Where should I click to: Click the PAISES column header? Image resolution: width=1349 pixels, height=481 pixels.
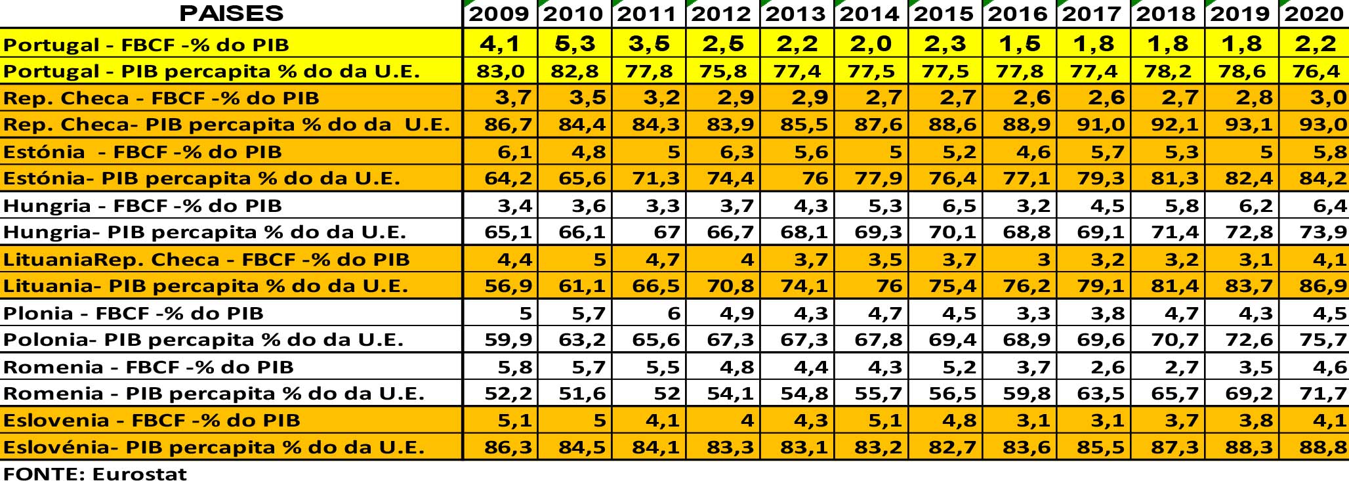231,13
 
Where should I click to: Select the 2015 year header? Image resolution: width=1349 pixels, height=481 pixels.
944,14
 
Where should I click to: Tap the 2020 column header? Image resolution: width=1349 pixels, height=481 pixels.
1314,14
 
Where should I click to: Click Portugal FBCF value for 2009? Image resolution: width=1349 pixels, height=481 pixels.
500,44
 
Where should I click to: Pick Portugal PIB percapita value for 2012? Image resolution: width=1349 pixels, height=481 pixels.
722,71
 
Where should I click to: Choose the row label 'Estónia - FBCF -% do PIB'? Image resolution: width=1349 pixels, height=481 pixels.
142,152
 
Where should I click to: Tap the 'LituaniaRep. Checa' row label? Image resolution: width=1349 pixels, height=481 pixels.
206,260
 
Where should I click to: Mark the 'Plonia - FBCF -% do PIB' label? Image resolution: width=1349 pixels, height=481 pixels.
133,314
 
